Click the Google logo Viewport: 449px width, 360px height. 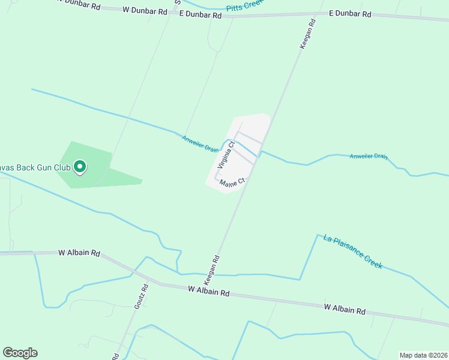[x=20, y=353]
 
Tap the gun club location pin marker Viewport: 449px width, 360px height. [x=79, y=167]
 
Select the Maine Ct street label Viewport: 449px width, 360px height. [x=232, y=182]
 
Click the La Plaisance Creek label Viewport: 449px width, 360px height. [x=352, y=251]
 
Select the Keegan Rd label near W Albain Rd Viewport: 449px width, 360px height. [x=212, y=269]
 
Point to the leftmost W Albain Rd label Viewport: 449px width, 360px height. [x=79, y=253]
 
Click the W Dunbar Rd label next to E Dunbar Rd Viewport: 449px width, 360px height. [x=145, y=10]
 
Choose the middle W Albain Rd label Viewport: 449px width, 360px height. [x=209, y=292]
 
